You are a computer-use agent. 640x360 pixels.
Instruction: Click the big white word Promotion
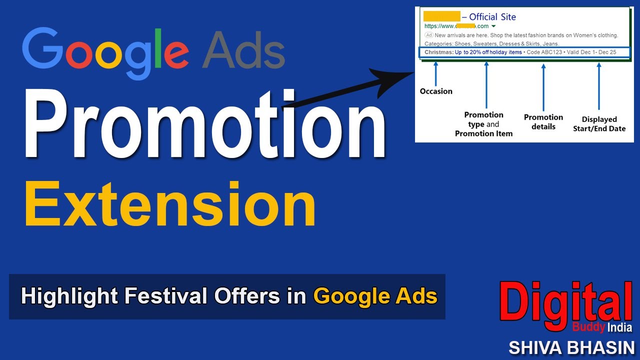point(204,125)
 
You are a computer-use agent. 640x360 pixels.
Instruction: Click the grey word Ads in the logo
point(243,49)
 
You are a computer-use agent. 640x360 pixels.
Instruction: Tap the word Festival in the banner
point(167,296)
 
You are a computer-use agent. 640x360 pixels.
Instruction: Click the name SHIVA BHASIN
point(571,347)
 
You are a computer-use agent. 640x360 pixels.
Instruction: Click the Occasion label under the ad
point(436,91)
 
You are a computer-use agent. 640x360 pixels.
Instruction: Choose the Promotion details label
point(543,122)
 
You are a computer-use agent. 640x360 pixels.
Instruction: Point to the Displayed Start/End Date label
point(599,124)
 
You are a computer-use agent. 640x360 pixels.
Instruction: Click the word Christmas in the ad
point(438,52)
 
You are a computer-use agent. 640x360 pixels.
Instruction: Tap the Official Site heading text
point(492,17)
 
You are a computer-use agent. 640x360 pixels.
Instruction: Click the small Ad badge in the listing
point(428,35)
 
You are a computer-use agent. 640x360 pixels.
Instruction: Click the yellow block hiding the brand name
point(441,17)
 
